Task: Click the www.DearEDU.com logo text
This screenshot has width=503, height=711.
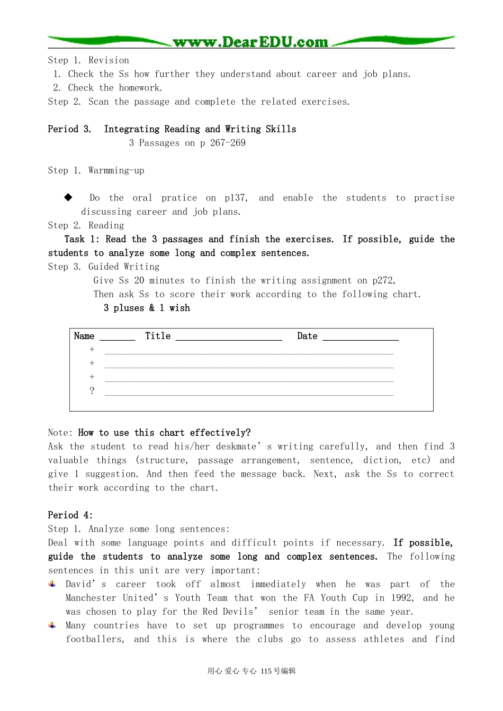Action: [x=250, y=42]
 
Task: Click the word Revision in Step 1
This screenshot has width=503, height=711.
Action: [x=109, y=60]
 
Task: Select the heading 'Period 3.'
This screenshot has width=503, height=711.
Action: [x=69, y=129]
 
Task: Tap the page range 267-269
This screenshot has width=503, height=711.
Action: [x=228, y=143]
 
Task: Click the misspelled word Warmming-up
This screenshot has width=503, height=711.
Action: [x=116, y=170]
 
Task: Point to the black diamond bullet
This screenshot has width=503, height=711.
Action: [x=68, y=197]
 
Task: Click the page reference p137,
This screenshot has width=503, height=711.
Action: [x=236, y=198]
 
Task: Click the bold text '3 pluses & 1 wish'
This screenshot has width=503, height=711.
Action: [x=147, y=308]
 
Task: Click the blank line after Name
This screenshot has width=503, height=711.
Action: [x=117, y=338]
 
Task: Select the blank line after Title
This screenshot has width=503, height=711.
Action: [x=229, y=338]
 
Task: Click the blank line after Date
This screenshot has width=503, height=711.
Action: [x=360, y=338]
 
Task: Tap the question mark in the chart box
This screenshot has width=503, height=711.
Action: [x=92, y=391]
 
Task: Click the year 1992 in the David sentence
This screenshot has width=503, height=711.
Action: [x=401, y=598]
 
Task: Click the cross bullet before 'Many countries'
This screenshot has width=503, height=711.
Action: [x=52, y=625]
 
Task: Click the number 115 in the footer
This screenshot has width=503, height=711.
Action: [x=266, y=671]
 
